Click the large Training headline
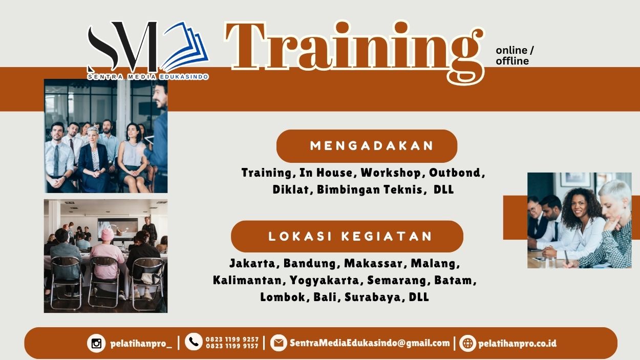(x=353, y=49)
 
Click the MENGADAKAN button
(x=367, y=146)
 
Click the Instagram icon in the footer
(x=96, y=343)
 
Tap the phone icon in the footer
(x=194, y=342)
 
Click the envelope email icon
(x=279, y=343)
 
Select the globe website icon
(x=467, y=343)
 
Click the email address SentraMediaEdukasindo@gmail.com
(x=370, y=343)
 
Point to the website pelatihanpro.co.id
(x=517, y=343)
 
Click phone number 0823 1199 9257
(x=232, y=339)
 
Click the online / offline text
(x=514, y=56)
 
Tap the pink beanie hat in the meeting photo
(x=107, y=234)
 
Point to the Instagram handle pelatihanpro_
(x=141, y=344)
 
